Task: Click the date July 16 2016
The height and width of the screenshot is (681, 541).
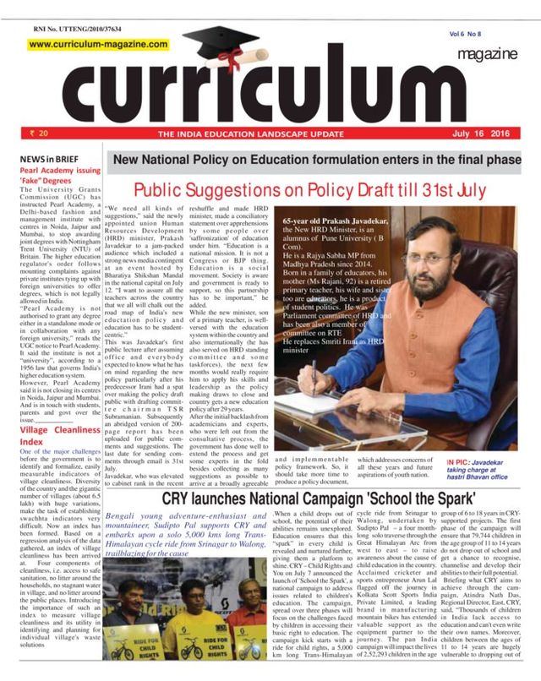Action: point(487,133)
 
